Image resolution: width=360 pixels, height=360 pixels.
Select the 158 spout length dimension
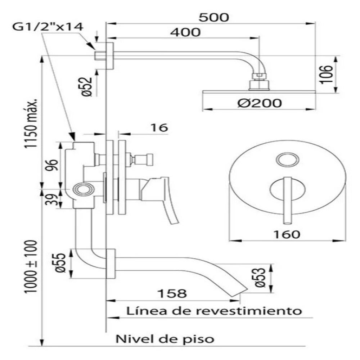coord(172,293)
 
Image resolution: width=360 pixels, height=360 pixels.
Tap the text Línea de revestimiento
coord(213,310)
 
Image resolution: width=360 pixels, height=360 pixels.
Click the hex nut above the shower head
coord(260,76)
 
